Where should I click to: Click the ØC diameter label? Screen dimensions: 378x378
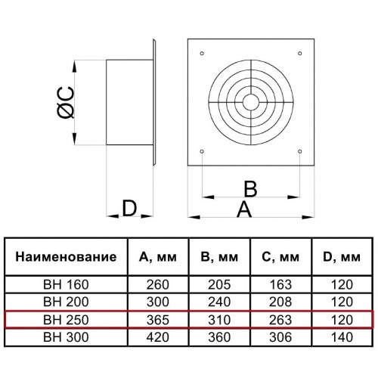(66, 103)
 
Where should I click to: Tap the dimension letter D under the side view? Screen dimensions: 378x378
(129, 209)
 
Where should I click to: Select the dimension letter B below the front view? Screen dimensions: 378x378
(250, 188)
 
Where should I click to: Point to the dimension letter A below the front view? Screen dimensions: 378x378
(244, 209)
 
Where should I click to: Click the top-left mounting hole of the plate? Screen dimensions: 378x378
(202, 53)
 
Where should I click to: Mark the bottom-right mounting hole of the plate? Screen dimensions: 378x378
(300, 151)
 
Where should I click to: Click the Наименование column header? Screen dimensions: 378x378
(66, 257)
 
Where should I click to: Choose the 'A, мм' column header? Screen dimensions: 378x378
(158, 257)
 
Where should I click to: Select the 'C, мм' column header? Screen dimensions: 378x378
(280, 257)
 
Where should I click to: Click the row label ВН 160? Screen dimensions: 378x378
(66, 285)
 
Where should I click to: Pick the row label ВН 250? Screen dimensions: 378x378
(66, 320)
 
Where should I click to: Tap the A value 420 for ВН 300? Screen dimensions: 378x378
(158, 337)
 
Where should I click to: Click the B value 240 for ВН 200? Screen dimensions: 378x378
(219, 302)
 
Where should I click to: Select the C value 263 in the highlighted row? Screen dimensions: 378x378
(280, 320)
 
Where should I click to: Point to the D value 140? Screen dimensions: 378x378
(342, 337)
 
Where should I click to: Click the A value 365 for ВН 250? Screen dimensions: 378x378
(158, 320)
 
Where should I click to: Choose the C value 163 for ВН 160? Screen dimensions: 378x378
(280, 285)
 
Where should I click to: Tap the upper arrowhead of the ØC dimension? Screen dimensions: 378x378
(74, 67)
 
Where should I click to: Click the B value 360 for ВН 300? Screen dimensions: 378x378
(219, 337)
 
